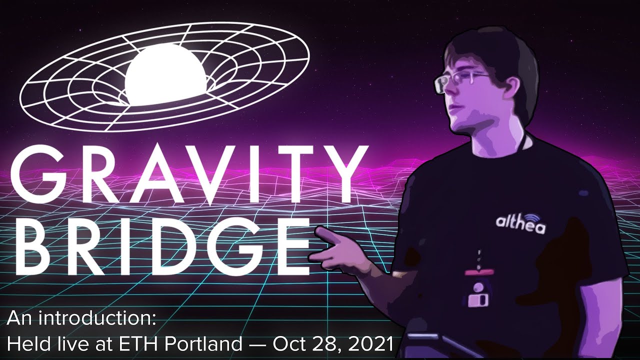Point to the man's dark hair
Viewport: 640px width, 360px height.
click(x=495, y=50)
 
